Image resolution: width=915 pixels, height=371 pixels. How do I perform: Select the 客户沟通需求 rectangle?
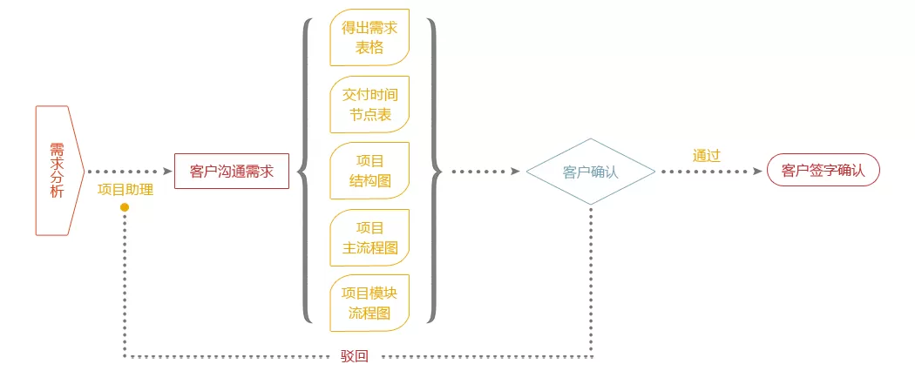(x=232, y=171)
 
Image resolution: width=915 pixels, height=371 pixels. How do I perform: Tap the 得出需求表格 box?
(x=369, y=37)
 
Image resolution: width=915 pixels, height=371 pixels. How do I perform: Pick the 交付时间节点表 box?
(x=369, y=105)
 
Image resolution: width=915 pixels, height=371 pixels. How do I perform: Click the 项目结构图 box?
(x=369, y=171)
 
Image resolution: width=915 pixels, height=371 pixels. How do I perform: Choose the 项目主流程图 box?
(x=369, y=238)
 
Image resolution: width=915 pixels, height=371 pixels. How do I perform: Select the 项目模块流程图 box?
(x=369, y=303)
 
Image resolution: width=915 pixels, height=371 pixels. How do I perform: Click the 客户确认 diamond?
(x=591, y=172)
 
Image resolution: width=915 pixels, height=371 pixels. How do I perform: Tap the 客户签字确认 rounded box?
(x=823, y=170)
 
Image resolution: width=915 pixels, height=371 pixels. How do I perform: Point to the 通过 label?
(x=707, y=155)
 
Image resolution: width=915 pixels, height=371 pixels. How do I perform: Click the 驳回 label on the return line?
(x=355, y=356)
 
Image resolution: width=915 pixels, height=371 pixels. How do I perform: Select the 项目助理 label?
(x=125, y=190)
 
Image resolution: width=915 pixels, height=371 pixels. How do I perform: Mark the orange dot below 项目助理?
(x=125, y=207)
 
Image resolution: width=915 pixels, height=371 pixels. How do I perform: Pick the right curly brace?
(x=435, y=171)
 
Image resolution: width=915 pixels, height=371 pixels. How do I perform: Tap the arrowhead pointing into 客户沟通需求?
(x=167, y=172)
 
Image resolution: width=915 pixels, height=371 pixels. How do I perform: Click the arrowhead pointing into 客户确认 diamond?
(x=515, y=172)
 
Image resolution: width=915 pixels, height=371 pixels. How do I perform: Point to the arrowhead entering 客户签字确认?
(x=758, y=172)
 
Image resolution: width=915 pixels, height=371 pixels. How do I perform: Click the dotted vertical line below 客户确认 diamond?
(x=591, y=280)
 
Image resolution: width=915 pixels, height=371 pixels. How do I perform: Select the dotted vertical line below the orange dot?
(x=125, y=284)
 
